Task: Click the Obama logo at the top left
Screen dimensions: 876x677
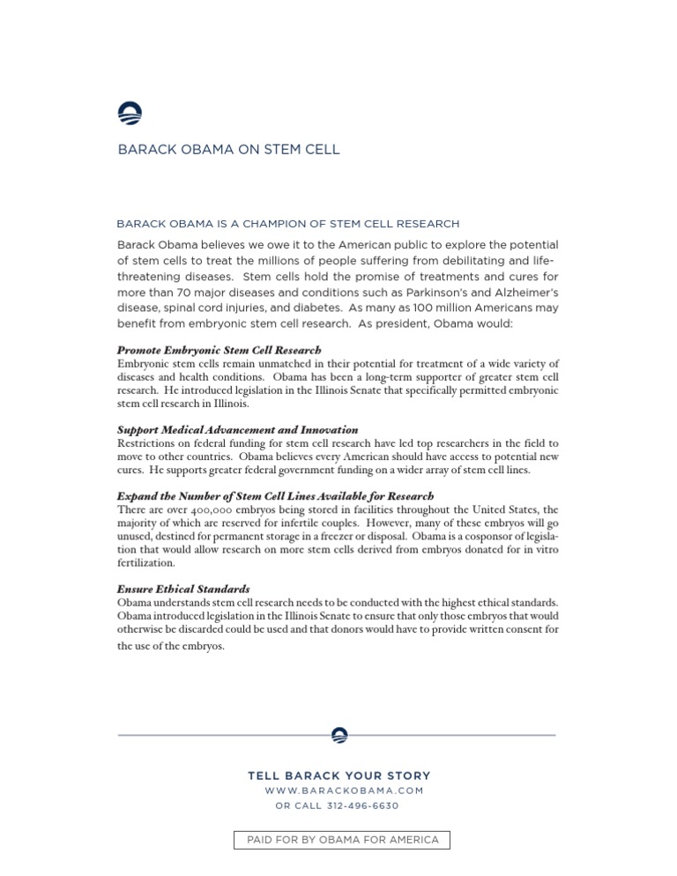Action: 130,114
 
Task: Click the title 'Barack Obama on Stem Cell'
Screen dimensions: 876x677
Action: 228,150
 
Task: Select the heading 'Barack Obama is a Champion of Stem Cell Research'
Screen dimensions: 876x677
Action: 288,224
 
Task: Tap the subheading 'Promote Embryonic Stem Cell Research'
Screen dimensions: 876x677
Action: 219,350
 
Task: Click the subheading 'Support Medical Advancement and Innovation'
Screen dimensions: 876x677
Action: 237,430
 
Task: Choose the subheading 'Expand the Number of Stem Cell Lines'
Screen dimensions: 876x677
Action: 275,496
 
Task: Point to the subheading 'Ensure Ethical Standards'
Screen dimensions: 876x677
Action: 183,589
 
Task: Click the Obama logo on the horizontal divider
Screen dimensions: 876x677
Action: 338,735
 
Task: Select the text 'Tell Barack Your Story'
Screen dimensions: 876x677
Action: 339,776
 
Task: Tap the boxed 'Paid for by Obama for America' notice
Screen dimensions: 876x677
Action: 342,840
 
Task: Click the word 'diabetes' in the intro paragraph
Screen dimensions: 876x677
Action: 314,308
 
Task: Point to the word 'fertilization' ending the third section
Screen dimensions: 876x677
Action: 145,563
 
